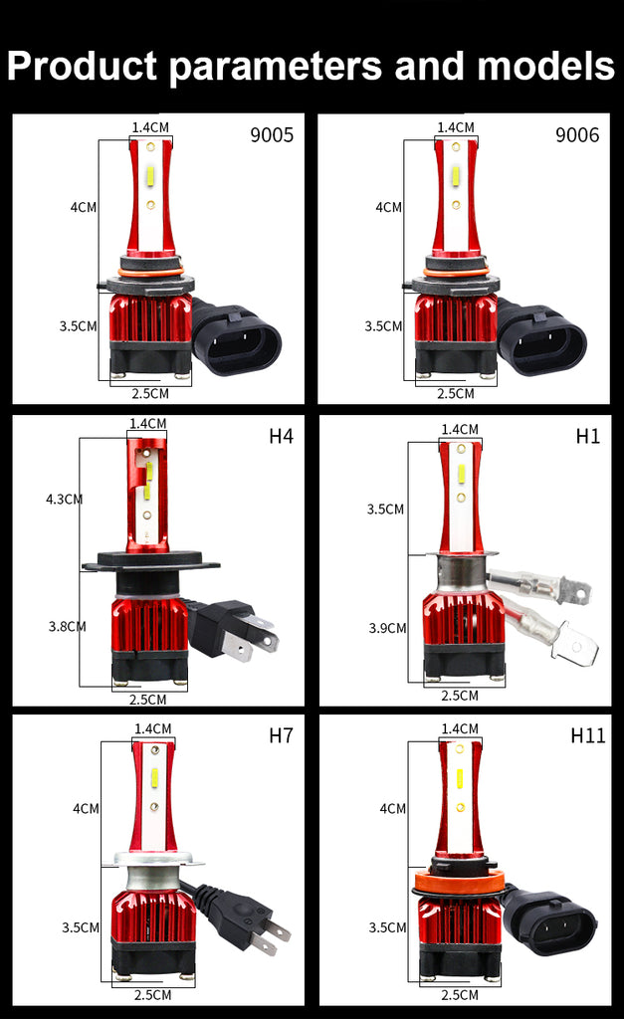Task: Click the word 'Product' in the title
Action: (82, 67)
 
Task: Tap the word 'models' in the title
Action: (546, 67)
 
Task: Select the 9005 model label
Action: (272, 134)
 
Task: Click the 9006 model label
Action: (577, 134)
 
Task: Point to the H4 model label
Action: (281, 436)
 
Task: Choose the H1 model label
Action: (587, 436)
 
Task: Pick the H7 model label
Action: (281, 735)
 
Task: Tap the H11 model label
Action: (587, 735)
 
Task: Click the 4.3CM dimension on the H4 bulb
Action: (64, 500)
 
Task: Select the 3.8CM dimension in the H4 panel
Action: (67, 627)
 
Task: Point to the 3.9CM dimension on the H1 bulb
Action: (387, 628)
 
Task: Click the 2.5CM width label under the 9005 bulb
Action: (150, 393)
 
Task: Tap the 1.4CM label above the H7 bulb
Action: (152, 728)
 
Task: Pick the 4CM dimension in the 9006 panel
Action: (388, 207)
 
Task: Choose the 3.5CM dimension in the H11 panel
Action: (387, 927)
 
